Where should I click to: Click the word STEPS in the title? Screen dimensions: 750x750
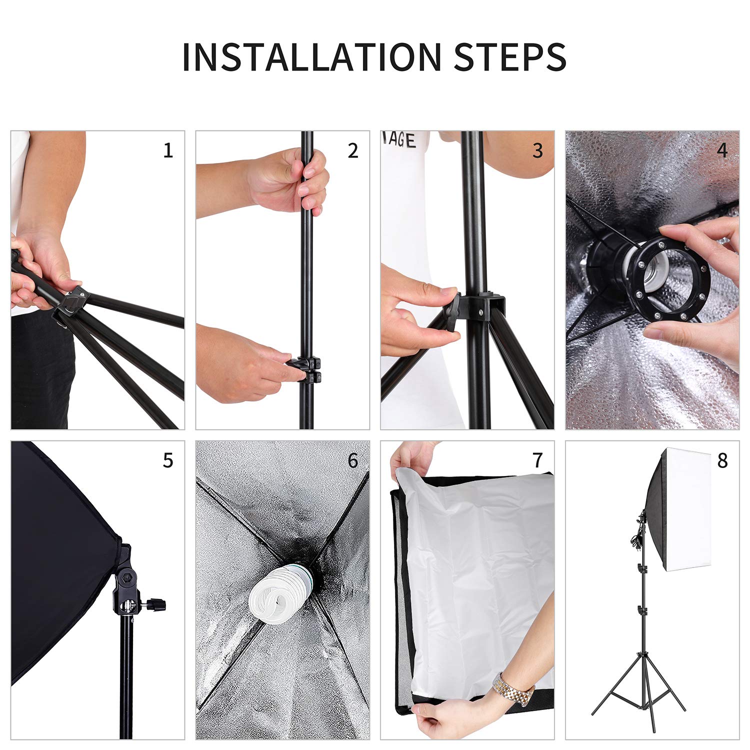pyautogui.click(x=510, y=57)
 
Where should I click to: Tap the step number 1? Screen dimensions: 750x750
pyautogui.click(x=168, y=150)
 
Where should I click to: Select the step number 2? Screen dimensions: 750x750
pyautogui.click(x=353, y=150)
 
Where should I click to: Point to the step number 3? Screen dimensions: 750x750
pyautogui.click(x=537, y=150)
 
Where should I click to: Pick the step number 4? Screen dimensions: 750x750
pyautogui.click(x=722, y=150)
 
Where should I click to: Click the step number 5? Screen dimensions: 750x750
pyautogui.click(x=168, y=460)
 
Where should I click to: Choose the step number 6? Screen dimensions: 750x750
pyautogui.click(x=353, y=460)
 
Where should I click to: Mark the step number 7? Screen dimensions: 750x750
pyautogui.click(x=537, y=460)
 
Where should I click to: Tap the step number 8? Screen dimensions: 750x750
pyautogui.click(x=722, y=460)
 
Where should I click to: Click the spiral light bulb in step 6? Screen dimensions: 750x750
pyautogui.click(x=277, y=595)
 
